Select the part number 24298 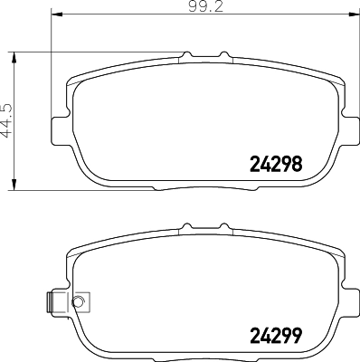274,164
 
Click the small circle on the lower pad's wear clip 78,301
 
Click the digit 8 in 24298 295,164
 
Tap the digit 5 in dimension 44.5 10,106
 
